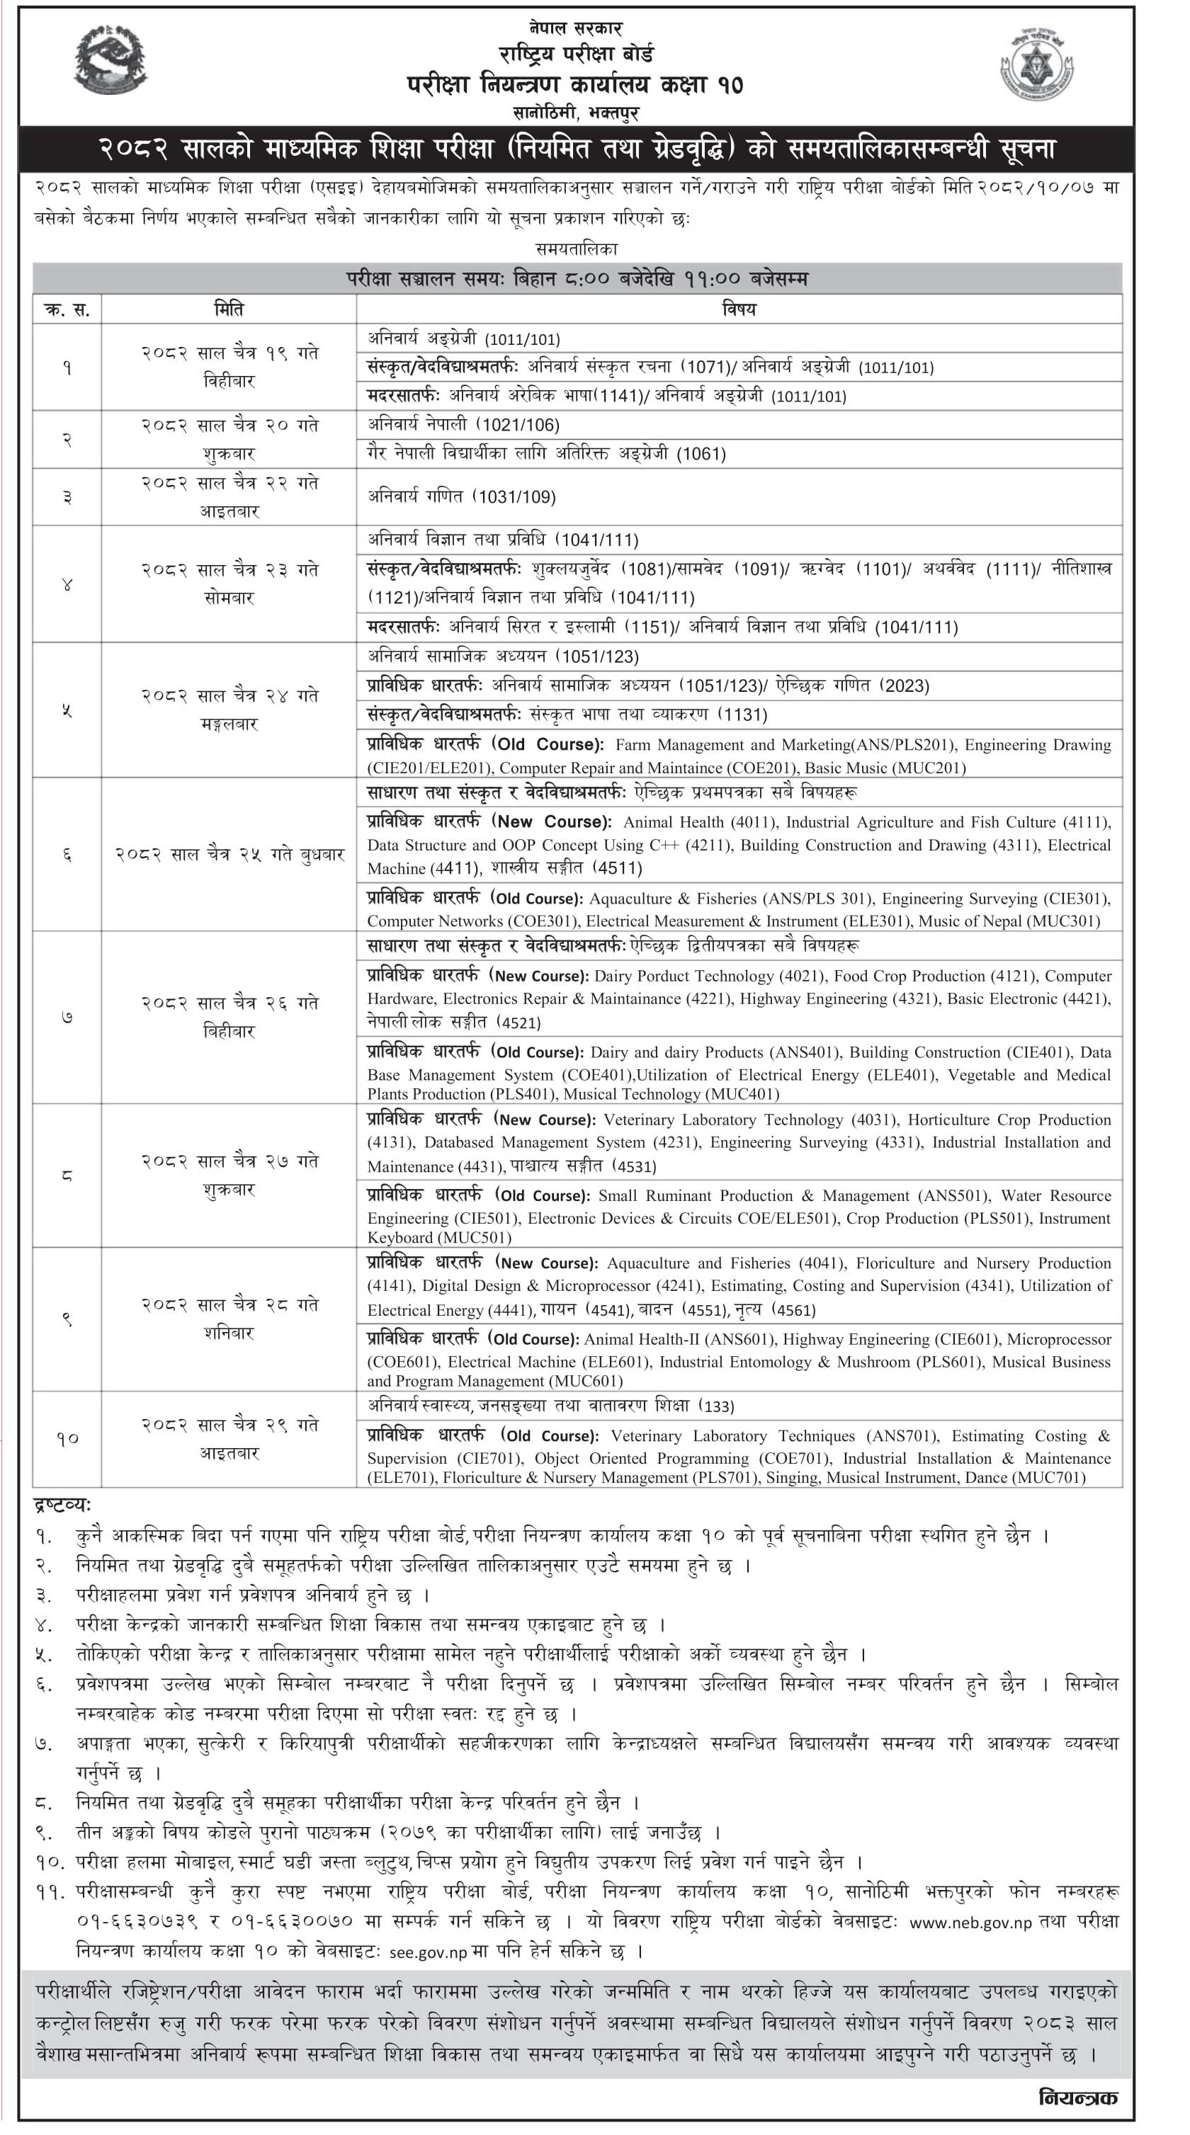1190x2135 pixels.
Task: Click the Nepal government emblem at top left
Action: (110, 60)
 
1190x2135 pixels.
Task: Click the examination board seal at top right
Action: (1036, 64)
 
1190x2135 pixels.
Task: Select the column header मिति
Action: (228, 309)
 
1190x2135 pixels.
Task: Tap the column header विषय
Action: (739, 309)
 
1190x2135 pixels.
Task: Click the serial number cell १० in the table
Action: (67, 1439)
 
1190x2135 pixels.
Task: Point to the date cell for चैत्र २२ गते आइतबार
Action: (229, 496)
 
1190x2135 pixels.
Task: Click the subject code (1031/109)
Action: (514, 496)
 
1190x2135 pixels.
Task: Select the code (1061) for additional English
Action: (701, 454)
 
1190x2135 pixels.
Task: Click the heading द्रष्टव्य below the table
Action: (62, 1504)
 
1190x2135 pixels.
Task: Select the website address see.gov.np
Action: (428, 1953)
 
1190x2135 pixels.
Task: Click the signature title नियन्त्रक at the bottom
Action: (1077, 2097)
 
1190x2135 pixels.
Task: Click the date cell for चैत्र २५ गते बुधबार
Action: (229, 855)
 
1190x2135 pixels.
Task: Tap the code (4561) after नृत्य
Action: (793, 1309)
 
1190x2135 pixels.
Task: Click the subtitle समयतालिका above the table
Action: (577, 249)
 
